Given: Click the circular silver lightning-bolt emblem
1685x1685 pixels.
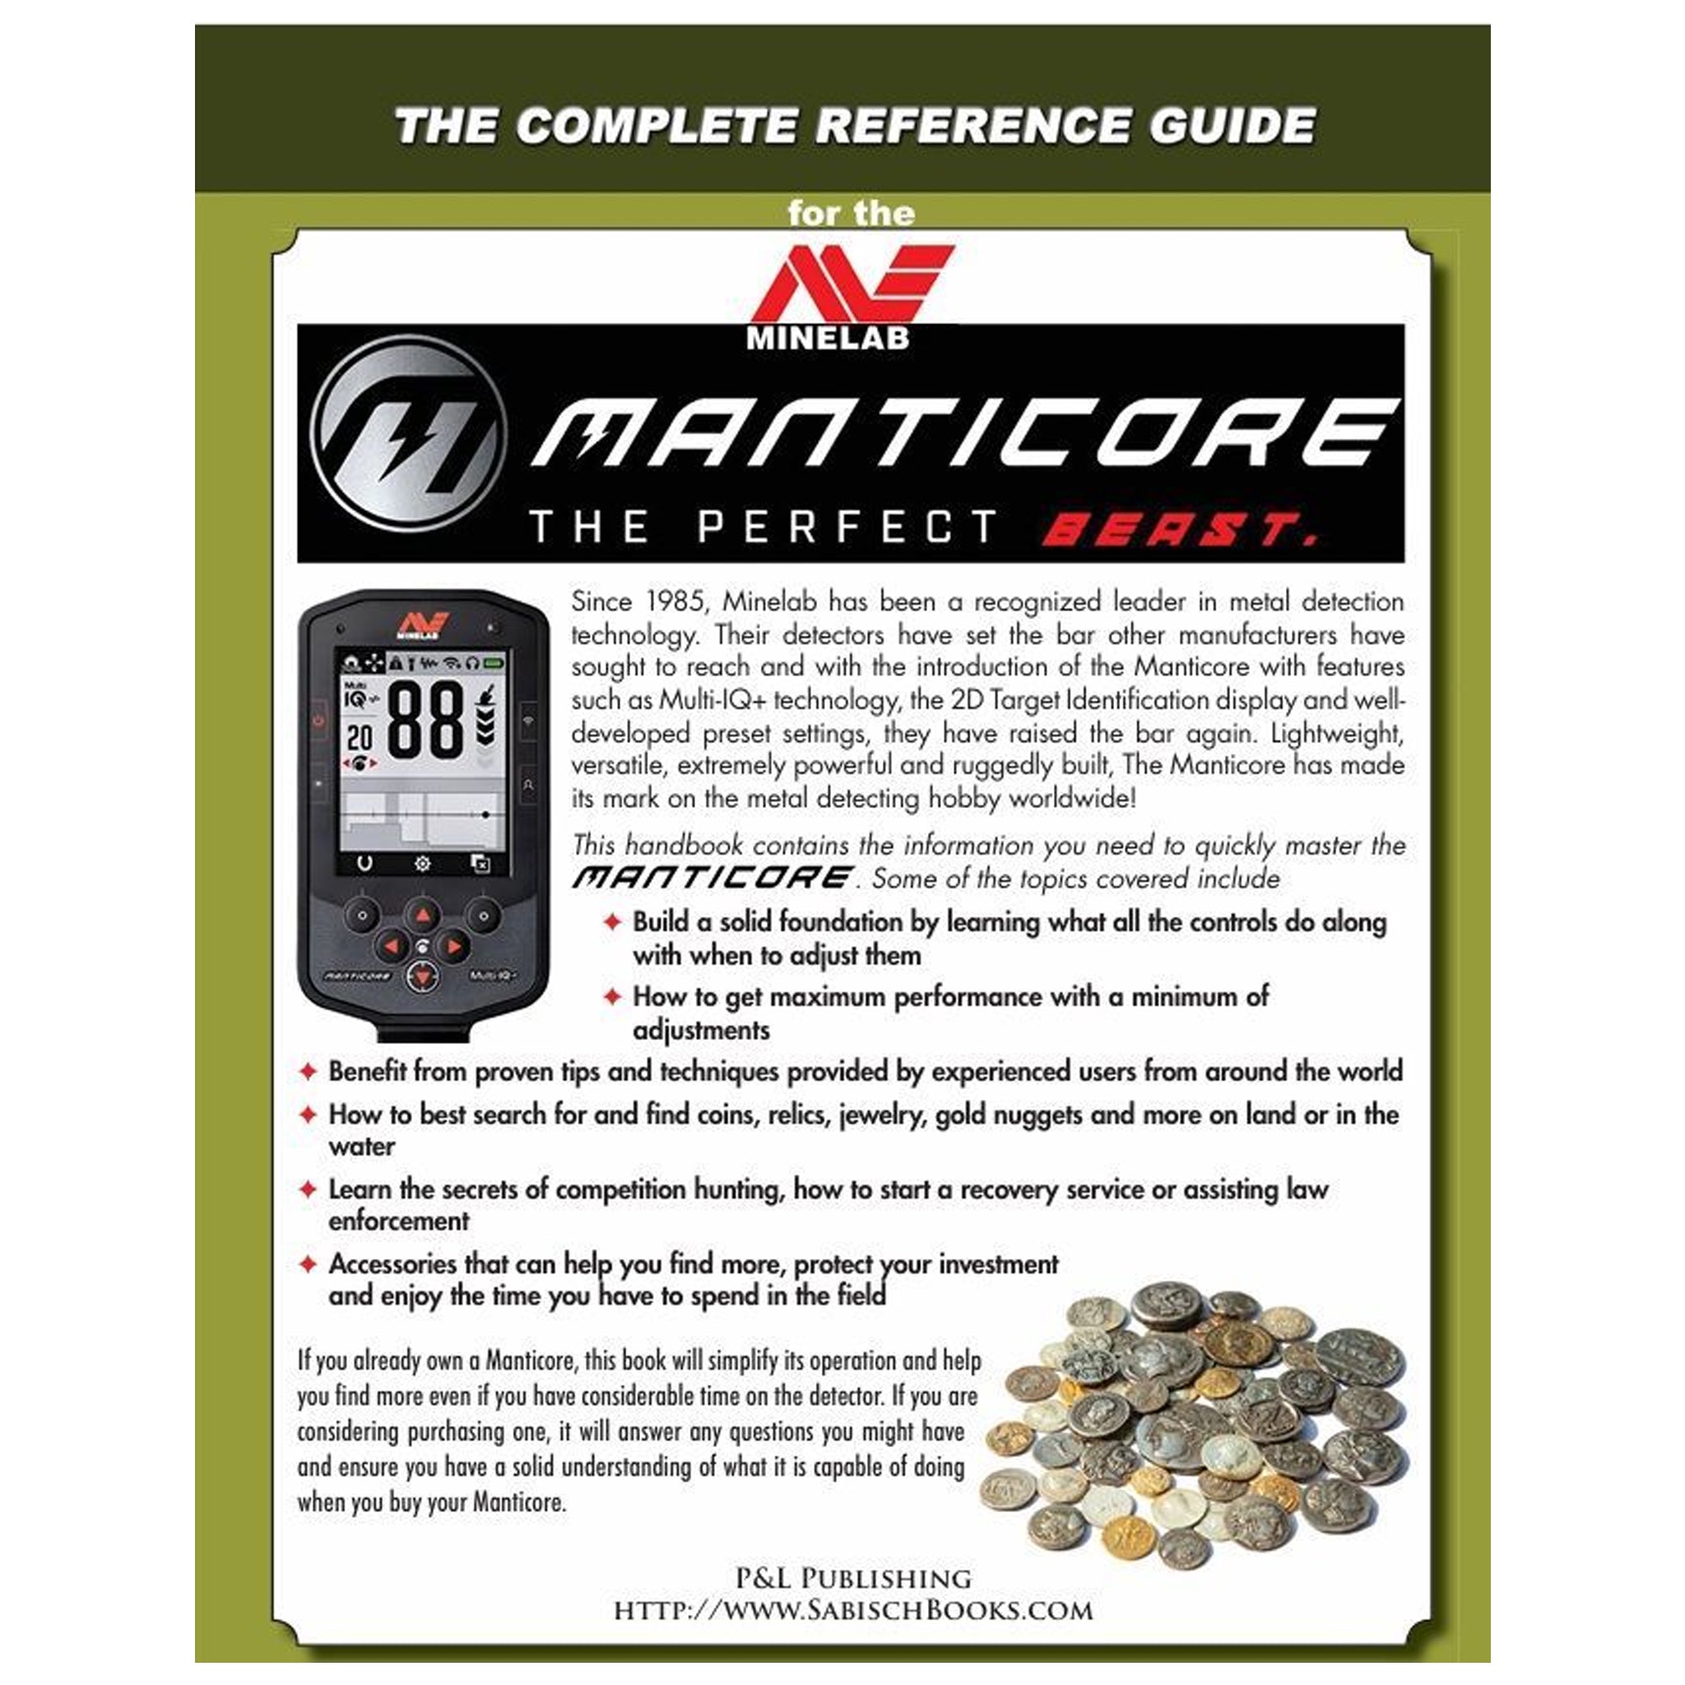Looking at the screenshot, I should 408,433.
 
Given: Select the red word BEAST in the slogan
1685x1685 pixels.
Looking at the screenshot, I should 1179,529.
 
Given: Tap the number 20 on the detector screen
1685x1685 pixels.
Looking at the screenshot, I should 360,738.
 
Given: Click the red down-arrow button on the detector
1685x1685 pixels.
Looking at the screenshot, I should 422,977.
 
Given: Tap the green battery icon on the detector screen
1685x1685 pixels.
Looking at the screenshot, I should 494,663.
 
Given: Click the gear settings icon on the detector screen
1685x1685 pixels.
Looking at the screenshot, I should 422,863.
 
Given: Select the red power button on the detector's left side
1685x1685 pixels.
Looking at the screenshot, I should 318,721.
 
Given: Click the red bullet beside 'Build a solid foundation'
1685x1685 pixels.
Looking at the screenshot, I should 612,921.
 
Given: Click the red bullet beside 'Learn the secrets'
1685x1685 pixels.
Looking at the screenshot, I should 308,1190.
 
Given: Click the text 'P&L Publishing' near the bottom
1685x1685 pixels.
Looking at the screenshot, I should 853,1578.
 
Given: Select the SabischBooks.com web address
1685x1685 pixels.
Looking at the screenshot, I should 853,1610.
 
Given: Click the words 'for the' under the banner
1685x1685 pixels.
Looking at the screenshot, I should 851,214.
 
